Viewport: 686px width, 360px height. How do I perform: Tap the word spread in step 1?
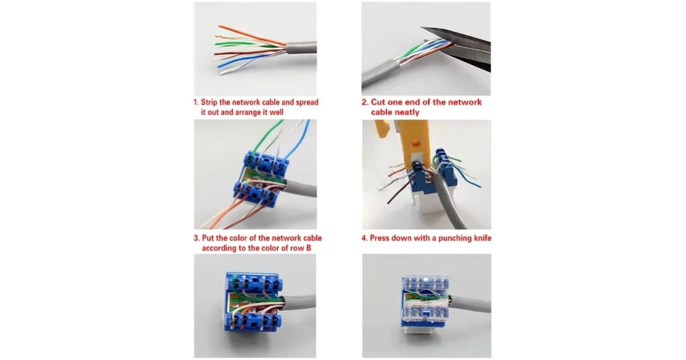308,102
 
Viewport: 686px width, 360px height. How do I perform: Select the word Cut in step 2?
378,102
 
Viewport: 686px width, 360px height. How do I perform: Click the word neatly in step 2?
406,113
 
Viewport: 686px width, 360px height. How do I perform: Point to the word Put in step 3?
207,238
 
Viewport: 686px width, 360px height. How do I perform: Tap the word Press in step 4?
379,238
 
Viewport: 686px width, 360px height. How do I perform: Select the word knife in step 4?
482,238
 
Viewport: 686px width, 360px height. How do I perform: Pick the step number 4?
365,238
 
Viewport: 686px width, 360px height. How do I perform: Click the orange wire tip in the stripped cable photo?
220,26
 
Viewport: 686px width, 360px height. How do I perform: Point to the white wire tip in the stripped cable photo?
221,74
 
